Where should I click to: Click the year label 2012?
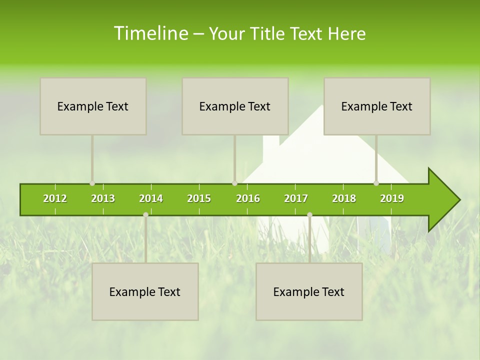click(55, 198)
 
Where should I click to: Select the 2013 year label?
click(103, 198)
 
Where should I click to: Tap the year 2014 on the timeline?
click(151, 198)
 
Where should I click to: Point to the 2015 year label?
click(199, 198)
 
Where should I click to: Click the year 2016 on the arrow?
click(248, 198)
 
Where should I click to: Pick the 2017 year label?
click(296, 198)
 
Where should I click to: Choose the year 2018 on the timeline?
click(344, 198)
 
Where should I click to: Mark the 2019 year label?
click(392, 198)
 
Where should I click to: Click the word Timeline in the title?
click(150, 33)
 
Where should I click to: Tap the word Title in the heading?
click(268, 33)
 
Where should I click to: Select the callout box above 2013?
click(93, 106)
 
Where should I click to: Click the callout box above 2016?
click(235, 106)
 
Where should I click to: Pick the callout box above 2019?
click(377, 106)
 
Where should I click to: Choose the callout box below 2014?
click(145, 291)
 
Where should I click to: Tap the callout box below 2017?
click(309, 291)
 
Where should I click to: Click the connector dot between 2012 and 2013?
click(92, 183)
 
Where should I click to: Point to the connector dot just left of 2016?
click(234, 183)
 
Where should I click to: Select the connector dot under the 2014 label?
click(145, 214)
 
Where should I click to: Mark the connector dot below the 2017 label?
click(309, 214)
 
